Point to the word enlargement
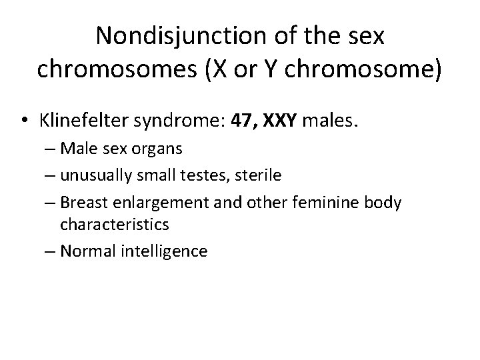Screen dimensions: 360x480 click(153, 201)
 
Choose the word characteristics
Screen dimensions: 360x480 click(115, 225)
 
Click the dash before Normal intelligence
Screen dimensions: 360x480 click(50, 251)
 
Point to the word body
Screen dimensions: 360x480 click(383, 201)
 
